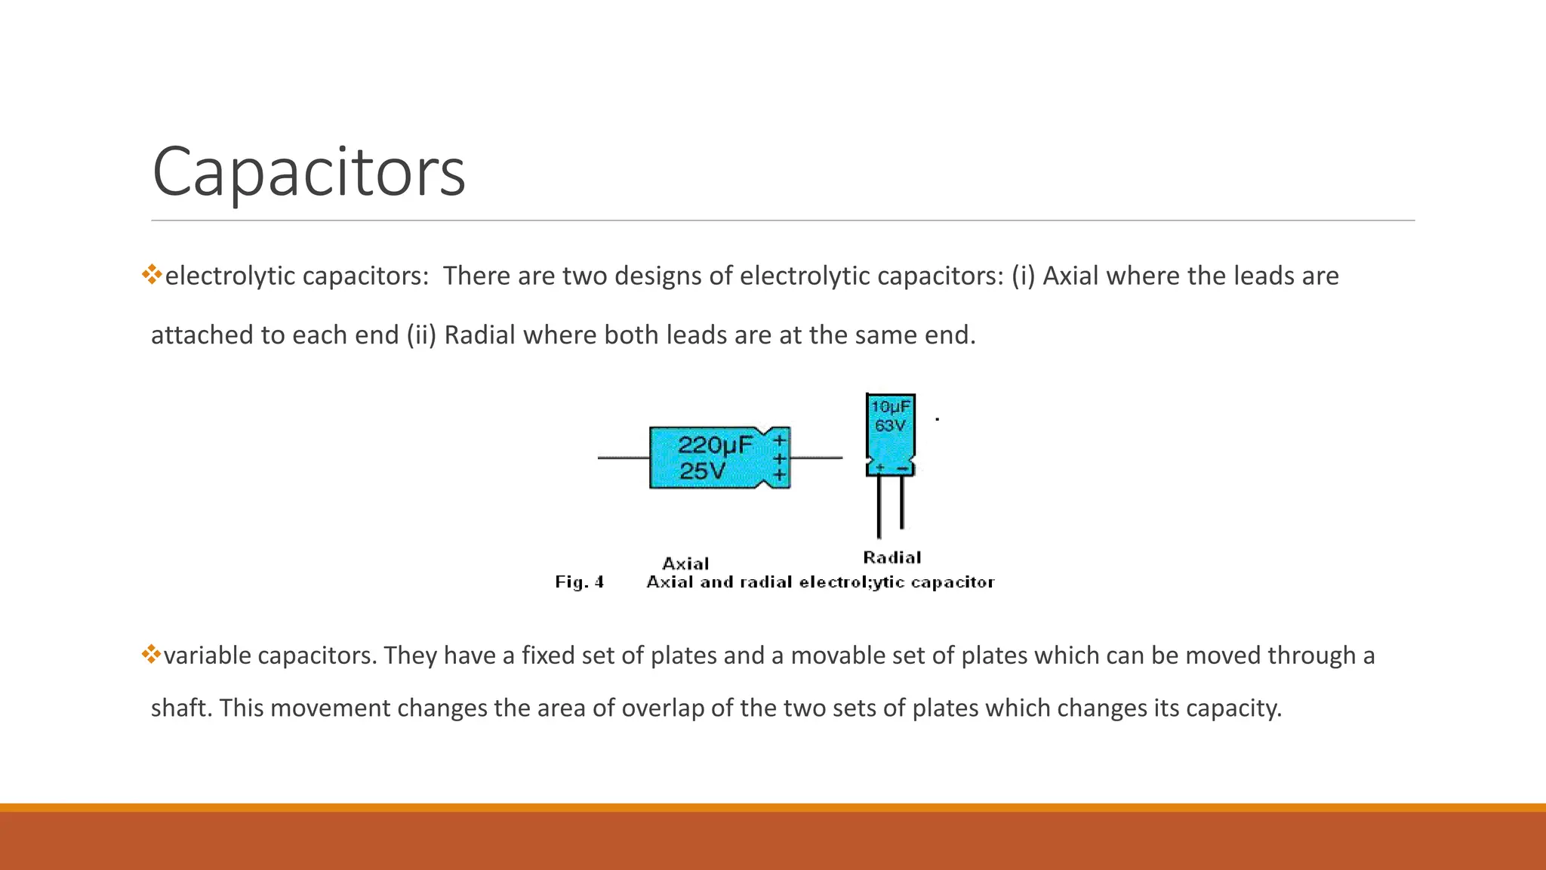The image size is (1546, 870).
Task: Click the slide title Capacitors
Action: (x=308, y=172)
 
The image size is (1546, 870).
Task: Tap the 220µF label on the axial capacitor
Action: (x=714, y=445)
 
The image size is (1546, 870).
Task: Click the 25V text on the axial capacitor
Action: (x=702, y=471)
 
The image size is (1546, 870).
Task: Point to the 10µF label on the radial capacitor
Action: (x=891, y=407)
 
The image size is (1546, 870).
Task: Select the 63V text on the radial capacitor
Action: (x=890, y=426)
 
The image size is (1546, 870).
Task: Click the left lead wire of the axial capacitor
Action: (x=624, y=458)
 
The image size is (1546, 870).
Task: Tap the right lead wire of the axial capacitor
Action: (x=816, y=458)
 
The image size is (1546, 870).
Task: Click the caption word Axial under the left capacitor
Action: (x=685, y=563)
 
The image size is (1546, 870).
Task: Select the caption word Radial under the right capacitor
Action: (x=892, y=557)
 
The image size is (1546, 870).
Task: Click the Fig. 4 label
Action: (x=579, y=582)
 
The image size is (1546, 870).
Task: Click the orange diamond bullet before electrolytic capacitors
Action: (x=152, y=274)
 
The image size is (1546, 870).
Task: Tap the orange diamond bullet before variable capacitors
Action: (x=151, y=654)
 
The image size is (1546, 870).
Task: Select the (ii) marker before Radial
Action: (x=421, y=335)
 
